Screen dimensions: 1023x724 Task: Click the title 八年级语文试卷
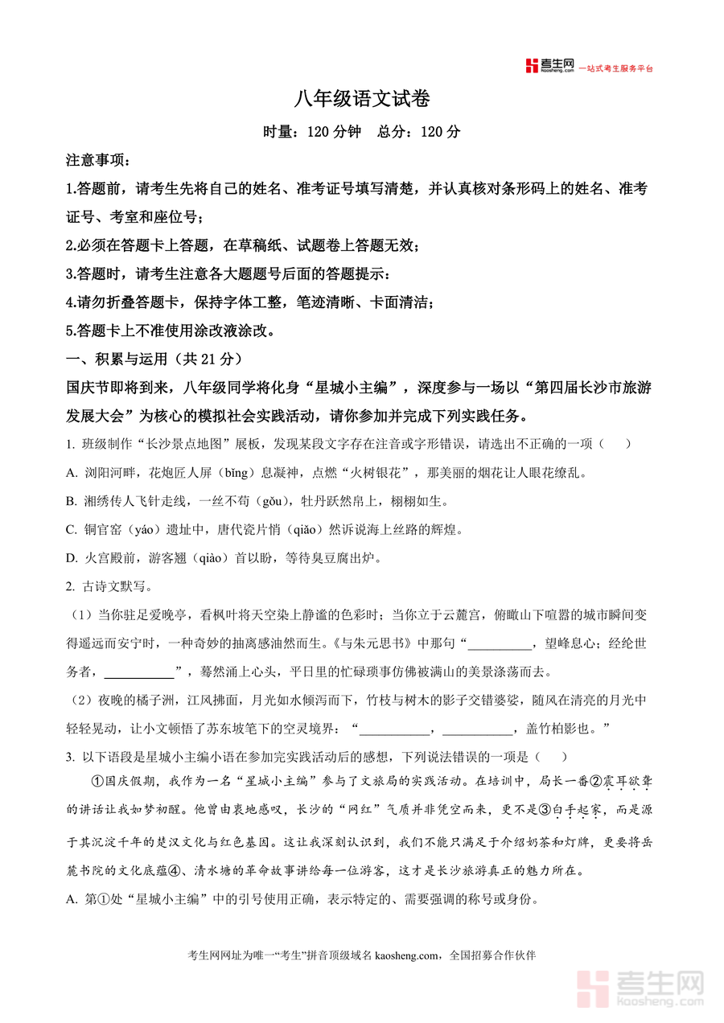[362, 99]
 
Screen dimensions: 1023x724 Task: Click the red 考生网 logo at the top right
[549, 66]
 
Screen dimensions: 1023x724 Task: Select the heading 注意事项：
[97, 161]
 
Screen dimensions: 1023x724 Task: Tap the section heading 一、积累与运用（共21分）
[154, 359]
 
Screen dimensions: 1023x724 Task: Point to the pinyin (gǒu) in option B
[269, 502]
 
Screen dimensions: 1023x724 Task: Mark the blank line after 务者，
[139, 672]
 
